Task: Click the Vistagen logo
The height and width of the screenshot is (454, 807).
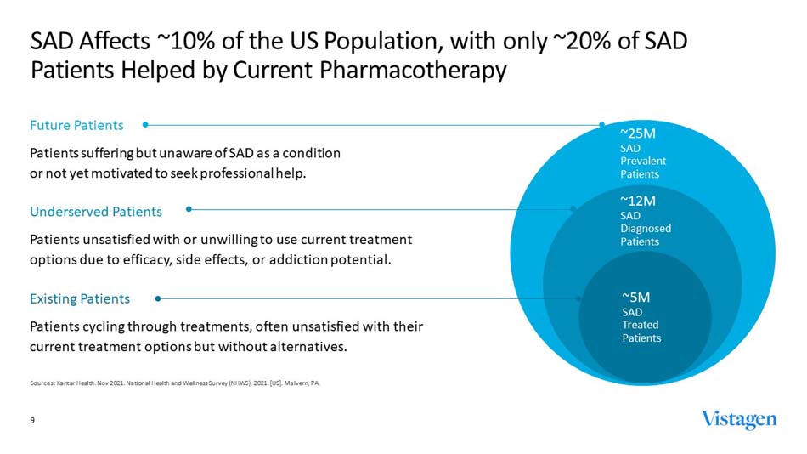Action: click(x=738, y=420)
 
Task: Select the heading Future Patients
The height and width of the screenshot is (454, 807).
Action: click(x=76, y=125)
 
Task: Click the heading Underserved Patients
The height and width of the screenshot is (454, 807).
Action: click(x=96, y=211)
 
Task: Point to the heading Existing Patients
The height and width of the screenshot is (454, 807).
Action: click(x=80, y=298)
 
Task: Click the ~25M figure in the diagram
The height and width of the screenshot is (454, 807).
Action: click(x=638, y=133)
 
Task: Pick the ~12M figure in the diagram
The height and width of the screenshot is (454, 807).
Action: click(x=638, y=201)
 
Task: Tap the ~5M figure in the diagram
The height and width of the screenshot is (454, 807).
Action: click(x=636, y=297)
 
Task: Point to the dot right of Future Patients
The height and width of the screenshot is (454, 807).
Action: click(x=146, y=124)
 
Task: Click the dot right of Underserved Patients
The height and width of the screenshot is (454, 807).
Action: click(x=189, y=208)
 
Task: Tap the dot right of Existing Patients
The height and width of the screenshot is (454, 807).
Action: click(x=158, y=298)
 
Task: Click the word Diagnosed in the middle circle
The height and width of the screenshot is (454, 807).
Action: click(x=646, y=228)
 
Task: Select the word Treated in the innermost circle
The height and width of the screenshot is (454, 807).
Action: click(x=641, y=324)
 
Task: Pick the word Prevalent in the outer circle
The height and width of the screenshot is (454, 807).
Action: click(x=643, y=161)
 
